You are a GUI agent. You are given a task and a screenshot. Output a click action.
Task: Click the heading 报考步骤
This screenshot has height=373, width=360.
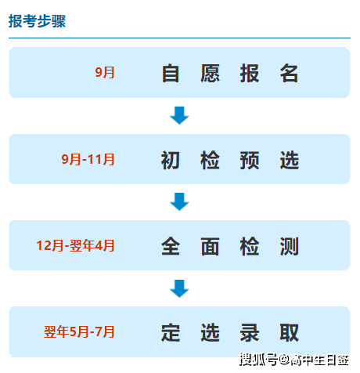[x=37, y=21]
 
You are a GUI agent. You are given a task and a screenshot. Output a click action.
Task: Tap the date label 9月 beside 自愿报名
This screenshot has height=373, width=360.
[x=105, y=72]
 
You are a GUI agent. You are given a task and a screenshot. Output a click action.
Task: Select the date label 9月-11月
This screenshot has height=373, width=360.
[x=88, y=159]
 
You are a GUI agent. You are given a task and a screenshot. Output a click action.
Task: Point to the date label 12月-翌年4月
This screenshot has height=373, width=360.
[x=76, y=245]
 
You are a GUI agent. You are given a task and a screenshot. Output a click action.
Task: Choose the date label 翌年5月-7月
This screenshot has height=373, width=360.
[x=79, y=331]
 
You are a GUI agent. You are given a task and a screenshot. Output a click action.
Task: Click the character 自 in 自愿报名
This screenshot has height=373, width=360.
[x=171, y=74]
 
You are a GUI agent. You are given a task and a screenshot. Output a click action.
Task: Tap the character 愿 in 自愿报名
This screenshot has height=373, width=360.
[x=210, y=74]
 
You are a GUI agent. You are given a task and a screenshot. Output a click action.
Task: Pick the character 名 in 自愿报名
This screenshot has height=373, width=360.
[x=289, y=74]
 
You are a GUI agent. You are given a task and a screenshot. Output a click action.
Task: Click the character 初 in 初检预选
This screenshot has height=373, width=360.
[x=171, y=160]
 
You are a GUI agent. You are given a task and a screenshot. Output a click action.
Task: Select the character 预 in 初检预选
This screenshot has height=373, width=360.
[x=250, y=160]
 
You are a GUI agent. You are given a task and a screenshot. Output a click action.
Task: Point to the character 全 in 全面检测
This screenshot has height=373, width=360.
[x=171, y=246]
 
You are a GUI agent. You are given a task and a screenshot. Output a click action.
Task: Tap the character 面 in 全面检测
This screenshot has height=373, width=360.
[x=210, y=246]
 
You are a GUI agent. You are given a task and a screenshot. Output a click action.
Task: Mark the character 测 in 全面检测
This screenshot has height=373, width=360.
[x=289, y=246]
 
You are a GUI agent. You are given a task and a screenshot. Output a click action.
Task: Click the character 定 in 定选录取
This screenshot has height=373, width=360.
[x=171, y=332]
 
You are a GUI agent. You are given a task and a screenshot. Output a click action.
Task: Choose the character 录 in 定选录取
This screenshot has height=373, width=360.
[x=250, y=332]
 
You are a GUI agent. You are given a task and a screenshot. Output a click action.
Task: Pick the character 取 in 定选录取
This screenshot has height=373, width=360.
[x=289, y=332]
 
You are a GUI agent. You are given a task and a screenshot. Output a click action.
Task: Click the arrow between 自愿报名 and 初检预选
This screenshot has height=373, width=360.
[x=179, y=115]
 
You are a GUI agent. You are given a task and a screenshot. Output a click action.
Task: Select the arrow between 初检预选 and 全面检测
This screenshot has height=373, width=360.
[x=179, y=201]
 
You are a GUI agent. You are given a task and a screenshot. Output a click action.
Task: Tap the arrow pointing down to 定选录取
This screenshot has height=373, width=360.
[x=179, y=288]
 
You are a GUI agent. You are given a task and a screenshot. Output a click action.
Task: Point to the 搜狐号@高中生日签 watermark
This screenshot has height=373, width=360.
[x=294, y=360]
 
